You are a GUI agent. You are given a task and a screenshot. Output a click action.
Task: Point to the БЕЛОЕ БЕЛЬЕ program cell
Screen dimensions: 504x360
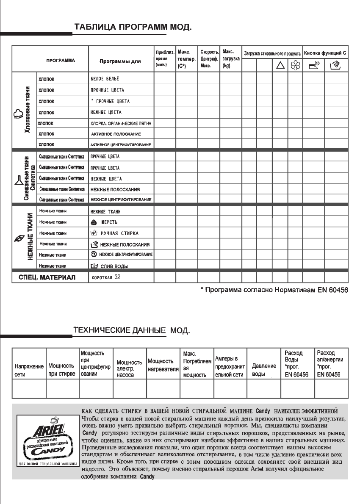(x=105, y=79)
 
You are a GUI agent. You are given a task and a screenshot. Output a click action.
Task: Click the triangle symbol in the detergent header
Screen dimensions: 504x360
(x=280, y=65)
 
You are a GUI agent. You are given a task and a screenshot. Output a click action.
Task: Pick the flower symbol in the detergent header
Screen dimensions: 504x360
(x=294, y=65)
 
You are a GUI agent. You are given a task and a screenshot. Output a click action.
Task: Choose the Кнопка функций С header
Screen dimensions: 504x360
(x=325, y=54)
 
